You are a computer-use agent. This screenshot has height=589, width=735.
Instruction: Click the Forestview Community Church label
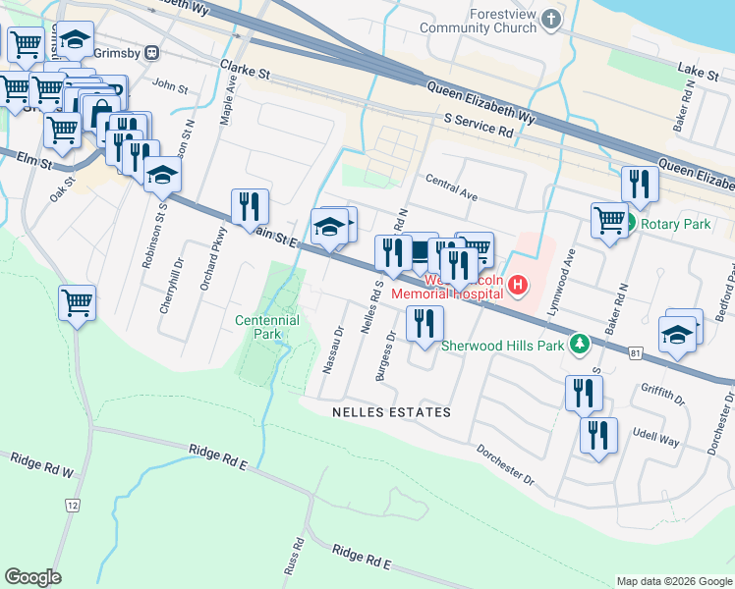click(479, 21)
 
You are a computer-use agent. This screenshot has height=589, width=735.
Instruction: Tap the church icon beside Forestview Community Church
click(553, 20)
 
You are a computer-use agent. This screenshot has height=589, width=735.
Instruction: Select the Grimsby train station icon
click(152, 52)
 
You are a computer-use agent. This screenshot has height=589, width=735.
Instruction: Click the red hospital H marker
click(519, 287)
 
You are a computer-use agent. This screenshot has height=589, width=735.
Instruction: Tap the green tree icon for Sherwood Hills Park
click(580, 344)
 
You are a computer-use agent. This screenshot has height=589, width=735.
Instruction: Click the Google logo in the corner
click(32, 577)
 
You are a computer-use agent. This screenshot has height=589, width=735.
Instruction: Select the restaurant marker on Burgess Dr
click(424, 324)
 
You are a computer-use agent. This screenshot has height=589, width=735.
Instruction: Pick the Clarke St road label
click(245, 70)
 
